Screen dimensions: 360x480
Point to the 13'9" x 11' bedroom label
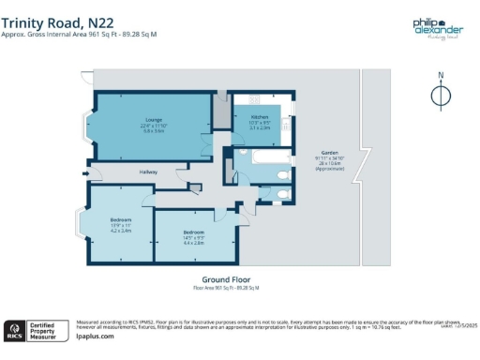pos(108,225)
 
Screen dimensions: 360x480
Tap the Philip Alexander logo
pos(437,29)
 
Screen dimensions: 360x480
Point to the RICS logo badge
pos(15,328)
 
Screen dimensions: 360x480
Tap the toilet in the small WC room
pos(285,195)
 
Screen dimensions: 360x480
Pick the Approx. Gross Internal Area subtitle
pos(79,35)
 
